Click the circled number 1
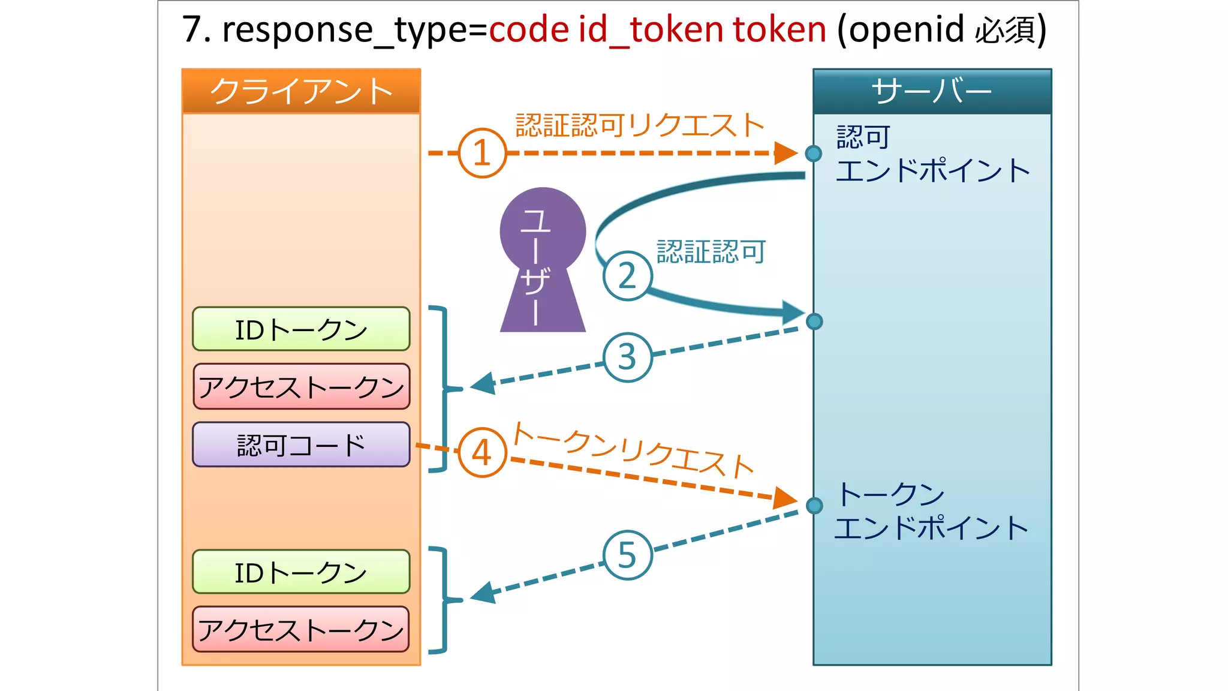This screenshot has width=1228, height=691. (482, 153)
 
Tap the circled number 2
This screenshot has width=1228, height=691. (627, 276)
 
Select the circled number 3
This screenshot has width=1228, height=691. (627, 357)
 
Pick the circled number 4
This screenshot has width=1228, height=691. (482, 452)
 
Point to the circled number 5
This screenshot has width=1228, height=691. (627, 555)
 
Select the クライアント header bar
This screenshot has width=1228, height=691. (301, 91)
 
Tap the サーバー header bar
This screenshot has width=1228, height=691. (932, 91)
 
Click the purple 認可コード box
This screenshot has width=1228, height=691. (301, 445)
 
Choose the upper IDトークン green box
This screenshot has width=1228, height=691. (301, 329)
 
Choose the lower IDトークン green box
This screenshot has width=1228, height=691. (301, 572)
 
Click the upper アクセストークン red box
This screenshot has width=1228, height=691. (301, 387)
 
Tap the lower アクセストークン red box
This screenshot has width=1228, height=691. (301, 629)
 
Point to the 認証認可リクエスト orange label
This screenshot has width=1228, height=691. (639, 125)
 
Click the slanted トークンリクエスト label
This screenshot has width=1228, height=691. (632, 450)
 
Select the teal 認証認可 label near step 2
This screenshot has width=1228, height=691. (711, 251)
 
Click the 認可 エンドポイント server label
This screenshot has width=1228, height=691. (932, 154)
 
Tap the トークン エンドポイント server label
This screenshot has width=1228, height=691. (931, 511)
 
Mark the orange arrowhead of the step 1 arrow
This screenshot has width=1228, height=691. (785, 153)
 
